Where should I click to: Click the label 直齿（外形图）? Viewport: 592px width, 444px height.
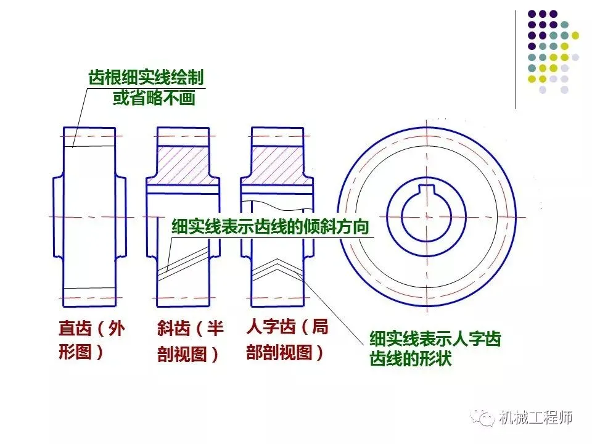(x=91, y=340)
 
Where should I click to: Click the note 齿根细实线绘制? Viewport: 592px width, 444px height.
(x=146, y=78)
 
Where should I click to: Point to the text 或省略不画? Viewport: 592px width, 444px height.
(x=154, y=98)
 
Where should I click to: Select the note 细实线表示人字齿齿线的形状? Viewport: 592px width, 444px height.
(x=435, y=348)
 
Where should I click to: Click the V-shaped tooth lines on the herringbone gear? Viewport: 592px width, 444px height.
(x=277, y=265)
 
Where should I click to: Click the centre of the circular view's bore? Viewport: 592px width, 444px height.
(x=426, y=216)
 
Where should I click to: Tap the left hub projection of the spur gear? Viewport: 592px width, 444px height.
(x=58, y=216)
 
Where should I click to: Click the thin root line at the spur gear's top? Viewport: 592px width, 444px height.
(x=90, y=146)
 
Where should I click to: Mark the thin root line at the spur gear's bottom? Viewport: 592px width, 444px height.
(x=90, y=288)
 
